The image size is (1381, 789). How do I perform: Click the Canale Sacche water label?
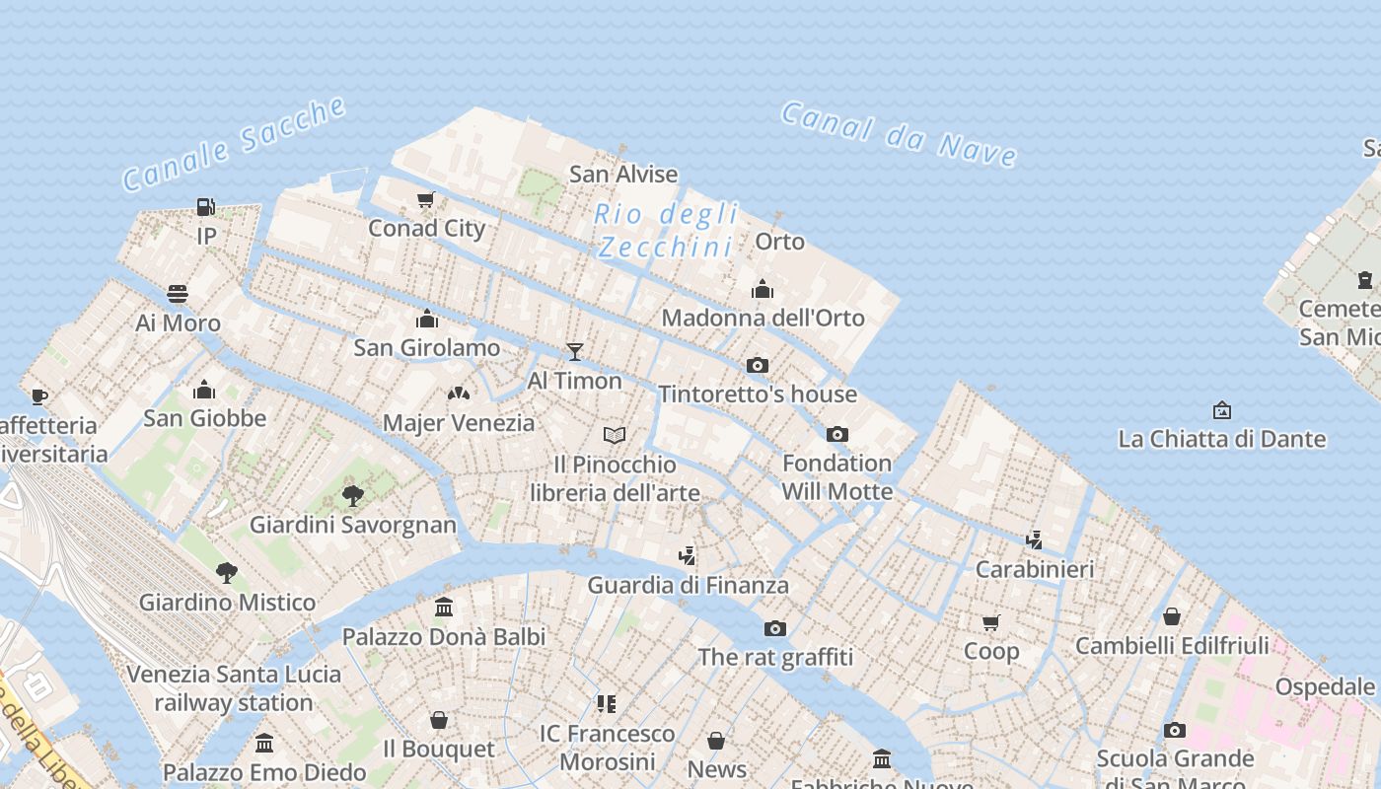[x=234, y=144]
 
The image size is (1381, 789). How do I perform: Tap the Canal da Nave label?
[x=899, y=134]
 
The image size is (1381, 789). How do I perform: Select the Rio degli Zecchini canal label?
[x=667, y=230]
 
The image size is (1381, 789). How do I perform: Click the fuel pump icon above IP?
[x=205, y=207]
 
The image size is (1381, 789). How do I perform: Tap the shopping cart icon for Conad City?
[x=426, y=200]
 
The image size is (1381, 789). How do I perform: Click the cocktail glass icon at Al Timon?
[x=575, y=352]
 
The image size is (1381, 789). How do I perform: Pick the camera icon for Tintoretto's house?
[x=758, y=366]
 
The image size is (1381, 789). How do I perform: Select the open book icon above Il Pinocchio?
[x=615, y=435]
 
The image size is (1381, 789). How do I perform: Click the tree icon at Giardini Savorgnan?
[x=353, y=495]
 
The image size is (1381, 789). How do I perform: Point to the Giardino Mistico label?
[x=227, y=602]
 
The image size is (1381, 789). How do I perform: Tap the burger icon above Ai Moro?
[x=178, y=294]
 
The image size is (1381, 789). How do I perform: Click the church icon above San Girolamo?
[x=427, y=319]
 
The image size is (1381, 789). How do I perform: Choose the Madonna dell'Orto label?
[x=763, y=318]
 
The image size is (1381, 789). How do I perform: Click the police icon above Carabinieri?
[x=1034, y=540]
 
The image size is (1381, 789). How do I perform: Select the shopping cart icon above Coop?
[x=991, y=622]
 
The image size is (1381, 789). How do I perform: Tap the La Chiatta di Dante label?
[x=1221, y=439]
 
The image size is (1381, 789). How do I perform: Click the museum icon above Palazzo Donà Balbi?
[x=444, y=608]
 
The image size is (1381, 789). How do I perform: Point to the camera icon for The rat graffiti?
[x=775, y=629]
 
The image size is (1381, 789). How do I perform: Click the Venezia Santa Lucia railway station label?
[x=234, y=688]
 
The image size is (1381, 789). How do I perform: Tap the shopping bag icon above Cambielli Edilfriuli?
[x=1172, y=617]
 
